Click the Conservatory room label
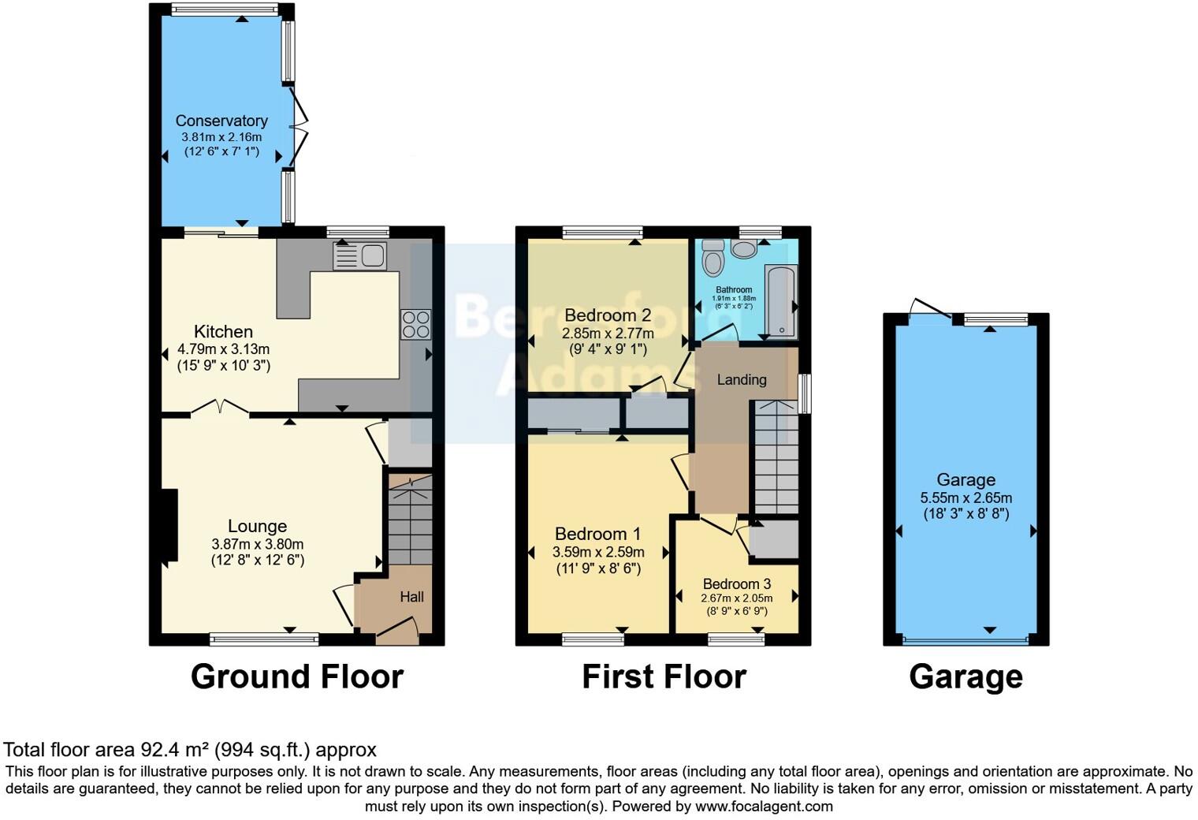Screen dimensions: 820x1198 click(221, 121)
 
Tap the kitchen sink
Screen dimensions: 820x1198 click(359, 256)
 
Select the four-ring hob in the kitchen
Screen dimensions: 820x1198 click(415, 324)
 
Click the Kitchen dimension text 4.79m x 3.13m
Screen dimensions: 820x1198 click(224, 349)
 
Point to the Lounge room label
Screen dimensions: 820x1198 click(257, 526)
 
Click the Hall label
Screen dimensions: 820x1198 click(411, 597)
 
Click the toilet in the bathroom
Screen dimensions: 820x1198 click(713, 256)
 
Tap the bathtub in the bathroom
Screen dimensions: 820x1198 click(781, 302)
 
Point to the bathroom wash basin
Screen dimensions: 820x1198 click(743, 249)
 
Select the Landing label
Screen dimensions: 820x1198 click(741, 380)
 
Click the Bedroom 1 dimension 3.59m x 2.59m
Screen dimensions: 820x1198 click(598, 552)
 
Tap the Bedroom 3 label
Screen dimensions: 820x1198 click(736, 584)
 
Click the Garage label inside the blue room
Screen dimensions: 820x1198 click(965, 479)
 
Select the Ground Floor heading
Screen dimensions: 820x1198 click(296, 676)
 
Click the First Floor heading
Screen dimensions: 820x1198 click(664, 676)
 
